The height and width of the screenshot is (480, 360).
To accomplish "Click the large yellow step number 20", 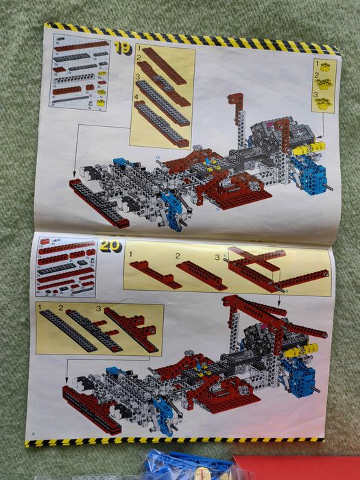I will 109,247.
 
